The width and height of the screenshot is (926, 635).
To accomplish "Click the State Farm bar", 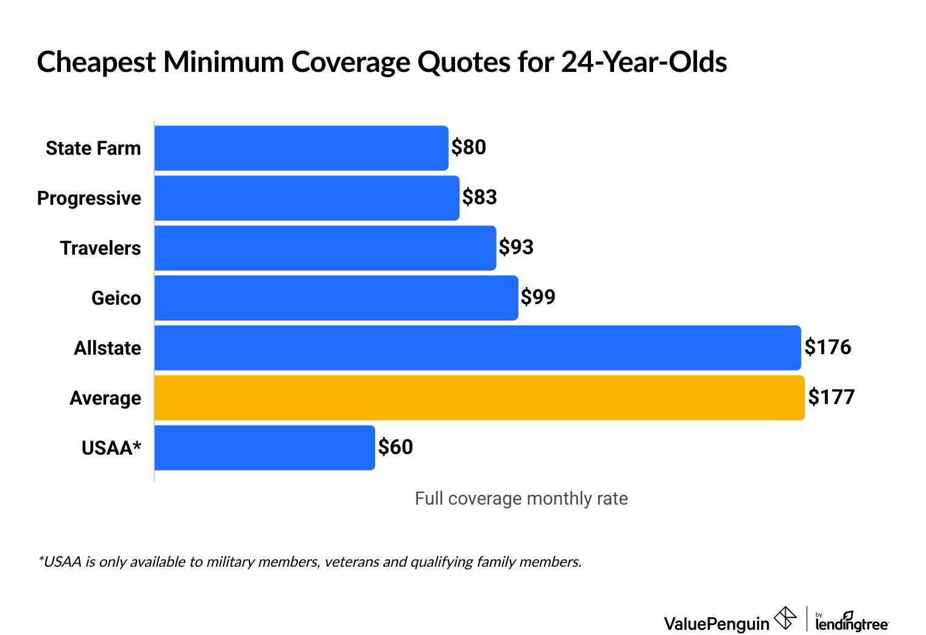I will pos(301,148).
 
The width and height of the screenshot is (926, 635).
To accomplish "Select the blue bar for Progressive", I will pos(306,198).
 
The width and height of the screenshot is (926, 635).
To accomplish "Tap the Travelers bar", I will pos(325,248).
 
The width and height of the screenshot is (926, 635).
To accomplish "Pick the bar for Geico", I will pos(336,298).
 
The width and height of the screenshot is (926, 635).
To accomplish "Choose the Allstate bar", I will pos(477,348).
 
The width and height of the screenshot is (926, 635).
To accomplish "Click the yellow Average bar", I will pos(479,398).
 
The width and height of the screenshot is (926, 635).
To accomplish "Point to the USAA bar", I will pos(264,448).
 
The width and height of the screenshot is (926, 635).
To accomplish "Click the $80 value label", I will pos(468,147).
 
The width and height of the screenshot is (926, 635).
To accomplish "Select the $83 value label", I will pos(479,197).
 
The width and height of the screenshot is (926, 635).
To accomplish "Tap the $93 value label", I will pos(516,247).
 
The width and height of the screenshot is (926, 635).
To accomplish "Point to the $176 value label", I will pos(827,347).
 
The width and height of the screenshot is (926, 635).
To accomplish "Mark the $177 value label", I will pos(831,397).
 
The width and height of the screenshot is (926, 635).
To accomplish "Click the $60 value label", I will pos(395,447).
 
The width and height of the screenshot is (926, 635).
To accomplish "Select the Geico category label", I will pos(116,298).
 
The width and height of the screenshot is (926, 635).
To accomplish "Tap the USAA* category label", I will pos(111,448).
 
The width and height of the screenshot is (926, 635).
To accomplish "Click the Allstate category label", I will pos(107,348).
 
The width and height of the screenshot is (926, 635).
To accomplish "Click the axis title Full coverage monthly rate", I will pos(521,498).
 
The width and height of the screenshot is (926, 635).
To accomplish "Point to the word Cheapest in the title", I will pos(96,63).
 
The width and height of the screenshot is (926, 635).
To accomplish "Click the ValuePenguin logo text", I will pos(716,623).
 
